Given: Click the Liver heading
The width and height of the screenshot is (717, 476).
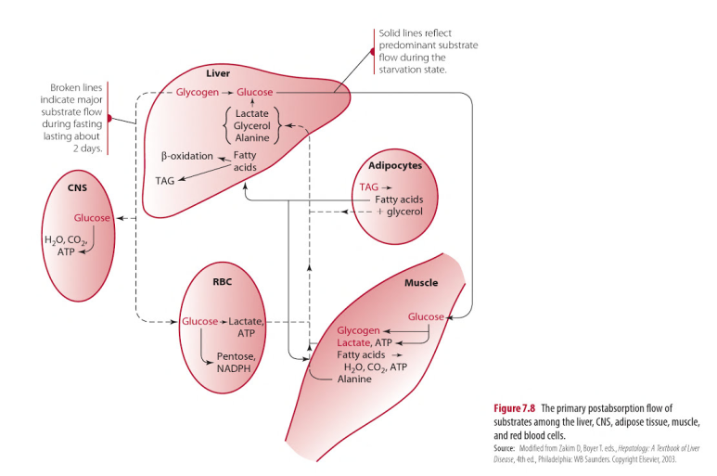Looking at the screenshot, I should coord(218,72).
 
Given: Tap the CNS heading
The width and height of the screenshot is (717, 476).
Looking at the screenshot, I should coord(77,187).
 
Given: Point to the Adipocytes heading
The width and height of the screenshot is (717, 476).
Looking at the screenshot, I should coord(394,165).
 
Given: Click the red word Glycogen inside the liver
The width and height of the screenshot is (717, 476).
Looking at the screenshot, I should coord(197,93).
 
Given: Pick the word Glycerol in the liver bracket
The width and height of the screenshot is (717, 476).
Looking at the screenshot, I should coord(251,125).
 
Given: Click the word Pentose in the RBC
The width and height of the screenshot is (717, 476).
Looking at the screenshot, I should coord(234,356).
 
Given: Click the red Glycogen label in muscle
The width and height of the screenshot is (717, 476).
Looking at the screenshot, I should coord(358,330).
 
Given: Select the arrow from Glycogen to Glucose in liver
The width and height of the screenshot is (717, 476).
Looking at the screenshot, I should coord(227,93).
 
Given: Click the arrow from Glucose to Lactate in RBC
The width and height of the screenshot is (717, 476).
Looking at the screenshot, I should coord(223,321).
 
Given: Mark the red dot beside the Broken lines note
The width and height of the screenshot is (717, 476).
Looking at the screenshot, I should coord(109,118).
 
